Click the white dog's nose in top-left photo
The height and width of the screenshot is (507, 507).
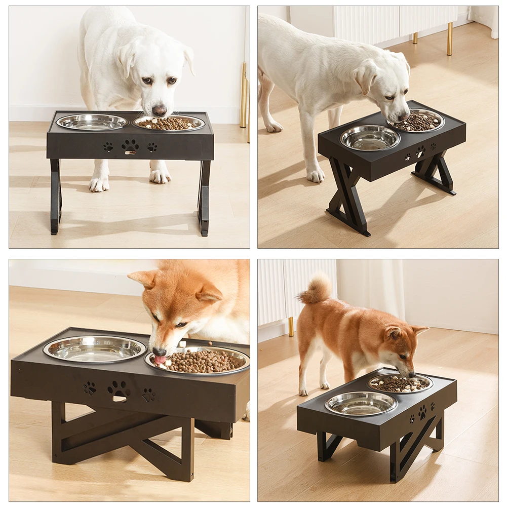[159, 110]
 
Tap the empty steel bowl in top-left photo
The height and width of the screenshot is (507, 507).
[92, 122]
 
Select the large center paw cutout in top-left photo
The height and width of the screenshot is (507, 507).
[130, 146]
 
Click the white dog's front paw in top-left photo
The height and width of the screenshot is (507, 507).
[99, 184]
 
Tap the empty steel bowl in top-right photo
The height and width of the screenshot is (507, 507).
[370, 138]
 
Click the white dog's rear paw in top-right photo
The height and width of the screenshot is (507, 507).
[273, 126]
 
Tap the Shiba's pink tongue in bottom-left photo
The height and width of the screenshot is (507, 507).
[160, 360]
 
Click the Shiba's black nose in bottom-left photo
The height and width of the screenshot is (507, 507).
[160, 352]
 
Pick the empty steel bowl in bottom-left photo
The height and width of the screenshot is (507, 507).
[95, 348]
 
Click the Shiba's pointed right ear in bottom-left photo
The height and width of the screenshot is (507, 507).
[208, 293]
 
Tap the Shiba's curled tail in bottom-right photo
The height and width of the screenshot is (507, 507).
[316, 290]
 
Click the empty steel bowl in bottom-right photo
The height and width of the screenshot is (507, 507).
[361, 403]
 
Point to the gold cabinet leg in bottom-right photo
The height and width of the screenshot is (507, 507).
[291, 327]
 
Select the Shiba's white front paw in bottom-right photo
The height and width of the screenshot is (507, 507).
[303, 391]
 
